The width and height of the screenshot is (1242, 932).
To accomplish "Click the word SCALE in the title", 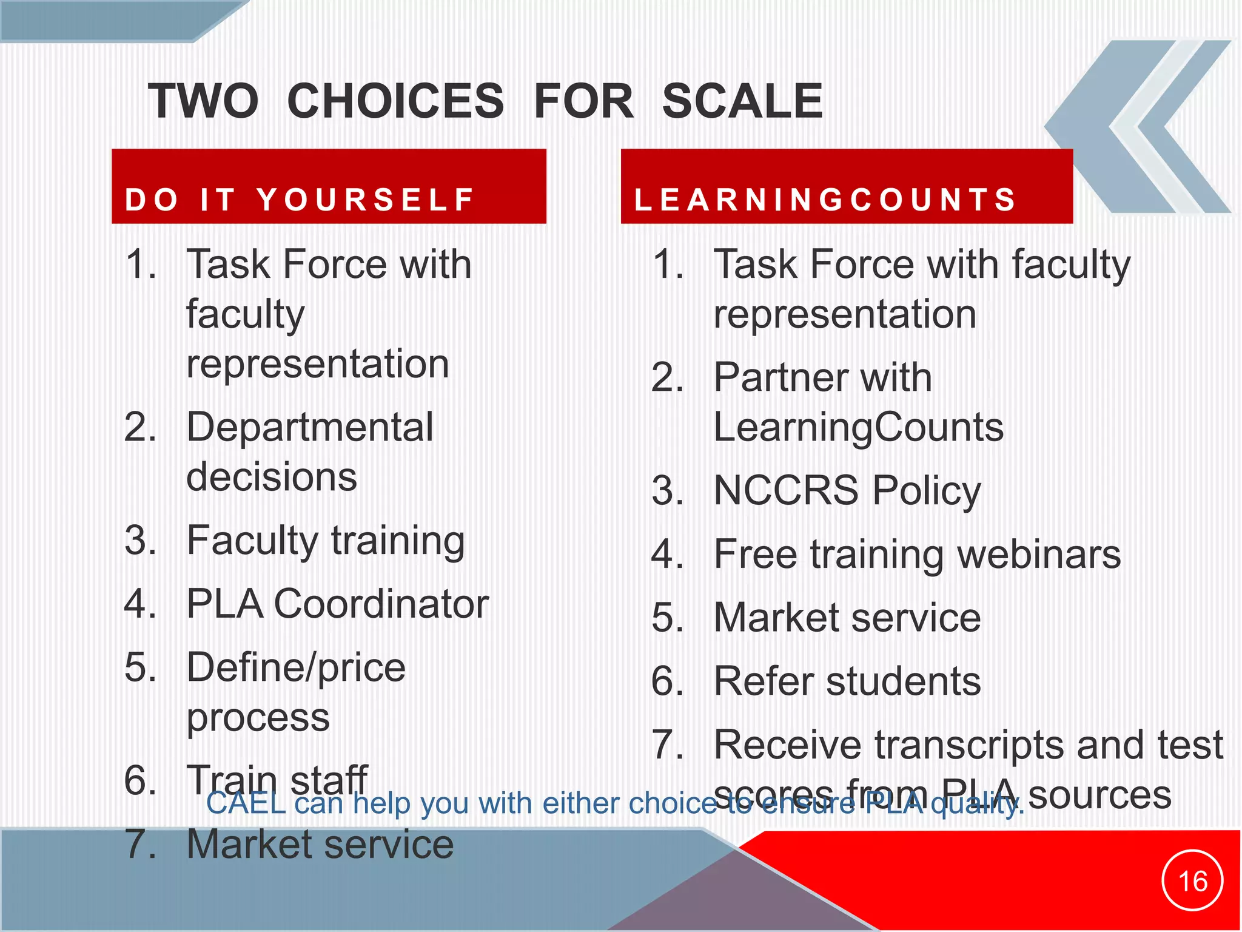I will (x=742, y=101).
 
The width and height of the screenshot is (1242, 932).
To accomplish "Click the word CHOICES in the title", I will (x=395, y=101).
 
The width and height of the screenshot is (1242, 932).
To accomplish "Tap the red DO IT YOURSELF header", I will (x=329, y=186).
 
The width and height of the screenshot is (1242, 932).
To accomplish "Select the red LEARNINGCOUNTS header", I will (x=847, y=186).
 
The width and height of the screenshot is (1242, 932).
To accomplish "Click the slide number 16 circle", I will (x=1192, y=880).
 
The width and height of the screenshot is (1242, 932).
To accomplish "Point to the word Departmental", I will (x=310, y=427).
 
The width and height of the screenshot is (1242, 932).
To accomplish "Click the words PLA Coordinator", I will (x=337, y=604).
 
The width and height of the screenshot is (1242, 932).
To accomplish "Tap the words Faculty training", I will (x=326, y=541).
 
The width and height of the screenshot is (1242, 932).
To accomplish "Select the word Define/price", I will (x=296, y=667).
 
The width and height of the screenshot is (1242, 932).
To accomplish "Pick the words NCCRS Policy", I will (x=847, y=491).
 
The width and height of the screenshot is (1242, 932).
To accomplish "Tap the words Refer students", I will (x=847, y=681).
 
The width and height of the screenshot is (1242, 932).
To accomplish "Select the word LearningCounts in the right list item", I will (x=859, y=427).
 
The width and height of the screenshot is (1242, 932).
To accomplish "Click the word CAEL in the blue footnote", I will (x=246, y=803).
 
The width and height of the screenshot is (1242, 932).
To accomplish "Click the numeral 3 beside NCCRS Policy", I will (x=667, y=491).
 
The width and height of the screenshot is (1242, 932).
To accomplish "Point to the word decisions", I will (x=272, y=477).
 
